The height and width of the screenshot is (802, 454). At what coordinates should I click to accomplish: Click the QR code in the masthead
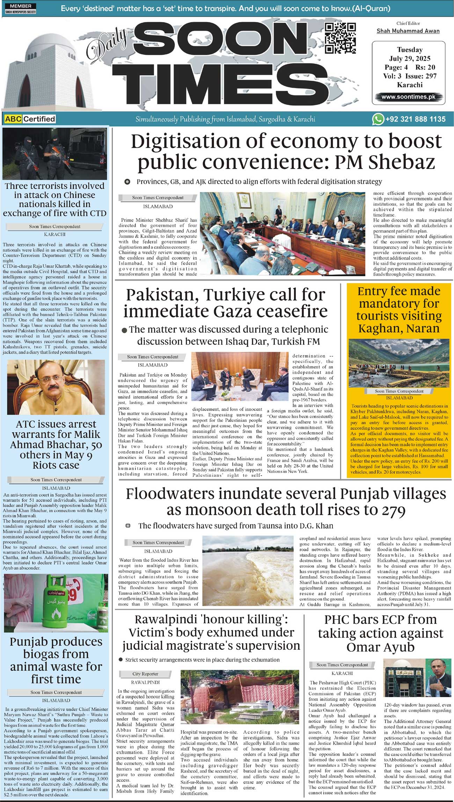tap(340, 38)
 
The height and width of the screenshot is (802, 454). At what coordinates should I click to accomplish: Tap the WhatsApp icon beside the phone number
tap(378, 119)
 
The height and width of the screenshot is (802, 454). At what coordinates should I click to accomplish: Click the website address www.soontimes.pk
tap(408, 97)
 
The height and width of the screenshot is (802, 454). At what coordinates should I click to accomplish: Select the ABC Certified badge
tap(30, 119)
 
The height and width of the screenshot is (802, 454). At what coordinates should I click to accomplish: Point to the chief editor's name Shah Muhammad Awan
tap(408, 31)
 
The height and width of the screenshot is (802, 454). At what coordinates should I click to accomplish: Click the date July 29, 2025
tap(410, 58)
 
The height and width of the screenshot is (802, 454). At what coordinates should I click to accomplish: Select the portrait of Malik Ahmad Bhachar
tap(56, 387)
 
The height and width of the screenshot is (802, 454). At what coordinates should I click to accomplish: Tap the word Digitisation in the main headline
tap(185, 142)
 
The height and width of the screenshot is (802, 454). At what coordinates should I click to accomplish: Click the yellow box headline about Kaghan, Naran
tap(399, 310)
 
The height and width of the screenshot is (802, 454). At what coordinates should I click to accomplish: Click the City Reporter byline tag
tap(145, 674)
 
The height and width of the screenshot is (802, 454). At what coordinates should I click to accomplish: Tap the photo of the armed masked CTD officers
tap(55, 153)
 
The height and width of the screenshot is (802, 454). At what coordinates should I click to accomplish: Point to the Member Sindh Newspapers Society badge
tap(21, 9)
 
